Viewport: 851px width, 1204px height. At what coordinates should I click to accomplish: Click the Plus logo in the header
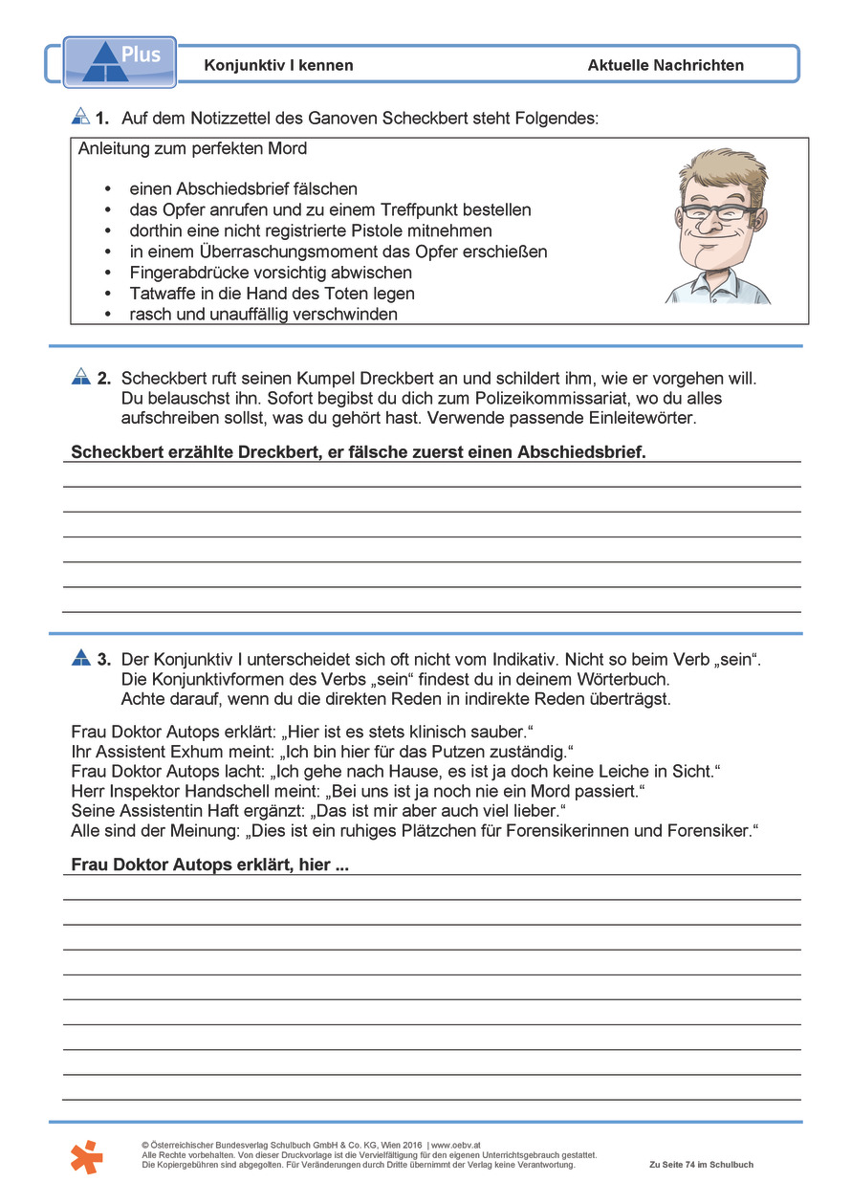(x=120, y=61)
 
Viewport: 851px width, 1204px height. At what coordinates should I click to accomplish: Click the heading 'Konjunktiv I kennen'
(x=278, y=65)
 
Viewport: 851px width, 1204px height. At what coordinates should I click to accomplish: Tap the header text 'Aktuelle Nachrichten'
(x=666, y=65)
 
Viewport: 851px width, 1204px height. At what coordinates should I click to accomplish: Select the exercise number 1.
(x=102, y=119)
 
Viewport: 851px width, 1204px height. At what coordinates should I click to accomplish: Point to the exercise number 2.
(x=103, y=379)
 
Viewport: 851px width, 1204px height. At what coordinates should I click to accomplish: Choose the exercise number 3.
(x=103, y=659)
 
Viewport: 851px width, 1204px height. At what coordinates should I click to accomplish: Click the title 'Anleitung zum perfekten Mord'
(x=192, y=149)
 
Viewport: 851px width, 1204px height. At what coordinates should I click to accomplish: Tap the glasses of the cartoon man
(x=718, y=212)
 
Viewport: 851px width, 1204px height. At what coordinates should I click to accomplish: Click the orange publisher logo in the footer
(x=86, y=1156)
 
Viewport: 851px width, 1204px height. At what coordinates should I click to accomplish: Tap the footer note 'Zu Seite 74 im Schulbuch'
(x=701, y=1165)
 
